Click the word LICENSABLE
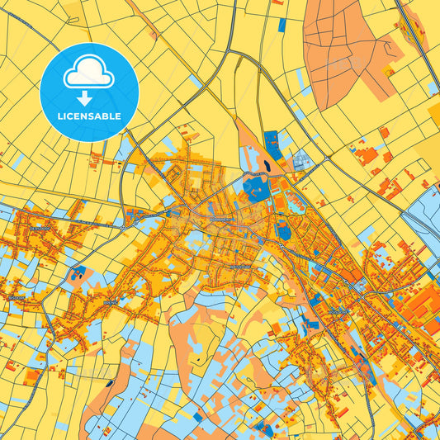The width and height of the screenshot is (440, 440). click(89, 116)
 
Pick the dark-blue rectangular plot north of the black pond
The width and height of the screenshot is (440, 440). click(271, 142)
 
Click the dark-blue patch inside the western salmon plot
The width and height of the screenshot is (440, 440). click(78, 272)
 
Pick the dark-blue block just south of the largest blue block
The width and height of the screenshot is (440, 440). click(284, 231)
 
